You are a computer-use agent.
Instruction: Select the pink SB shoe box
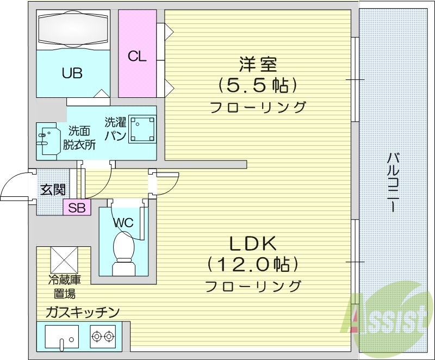[77, 208]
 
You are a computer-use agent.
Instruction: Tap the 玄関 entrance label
[53, 190]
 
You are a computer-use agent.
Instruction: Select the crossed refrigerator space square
[65, 260]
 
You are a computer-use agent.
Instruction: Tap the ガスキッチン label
[82, 312]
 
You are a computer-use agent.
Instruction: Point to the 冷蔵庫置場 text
[64, 288]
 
